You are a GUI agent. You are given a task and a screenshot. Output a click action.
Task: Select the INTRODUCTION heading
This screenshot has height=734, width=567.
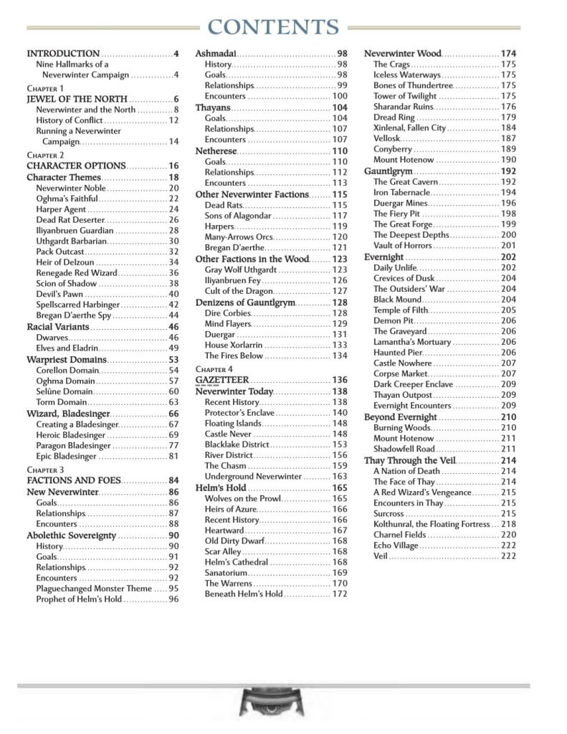pos(63,54)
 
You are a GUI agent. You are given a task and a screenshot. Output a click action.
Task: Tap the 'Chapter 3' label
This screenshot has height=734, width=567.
pos(45,470)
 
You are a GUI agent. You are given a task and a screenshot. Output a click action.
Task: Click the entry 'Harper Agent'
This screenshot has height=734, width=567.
pos(60,209)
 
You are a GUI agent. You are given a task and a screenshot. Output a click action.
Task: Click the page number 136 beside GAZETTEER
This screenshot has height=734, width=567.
pos(339,380)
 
